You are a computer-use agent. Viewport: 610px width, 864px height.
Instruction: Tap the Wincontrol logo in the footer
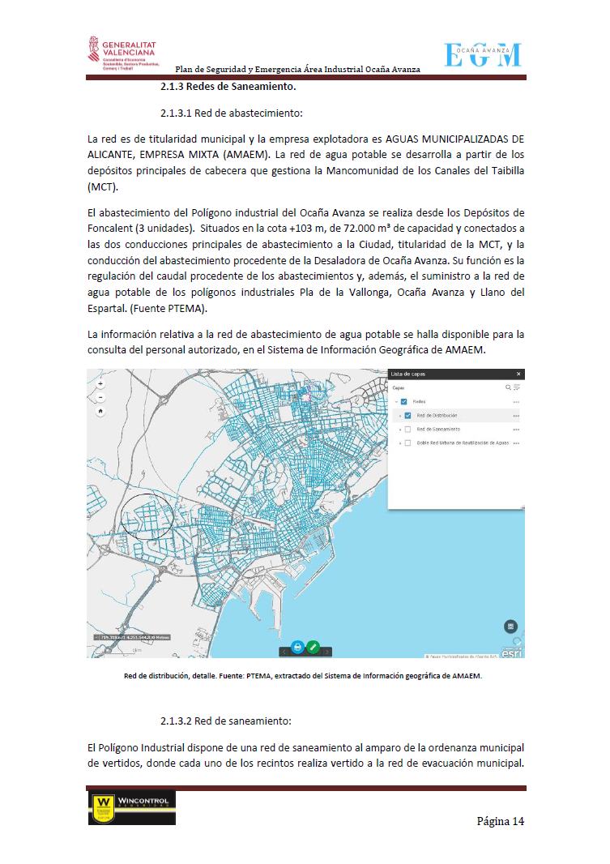131,807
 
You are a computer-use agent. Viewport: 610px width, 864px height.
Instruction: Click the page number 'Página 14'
500,821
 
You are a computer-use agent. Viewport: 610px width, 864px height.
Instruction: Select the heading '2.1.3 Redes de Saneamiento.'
228,87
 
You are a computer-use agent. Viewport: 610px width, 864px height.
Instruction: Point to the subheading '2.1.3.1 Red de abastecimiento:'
231,113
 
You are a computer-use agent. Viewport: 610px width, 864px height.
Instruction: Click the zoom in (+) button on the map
100,383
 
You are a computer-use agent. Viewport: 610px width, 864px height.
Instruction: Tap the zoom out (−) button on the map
100,397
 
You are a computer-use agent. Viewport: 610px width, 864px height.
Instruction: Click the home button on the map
100,411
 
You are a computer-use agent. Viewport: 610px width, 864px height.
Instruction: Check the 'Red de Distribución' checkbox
407,415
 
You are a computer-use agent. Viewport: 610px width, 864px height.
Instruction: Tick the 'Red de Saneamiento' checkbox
407,429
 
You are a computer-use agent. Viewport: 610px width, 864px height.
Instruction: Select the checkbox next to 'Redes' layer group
405,401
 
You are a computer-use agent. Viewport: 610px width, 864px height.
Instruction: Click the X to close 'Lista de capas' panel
518,374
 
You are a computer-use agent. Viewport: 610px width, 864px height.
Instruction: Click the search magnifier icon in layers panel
508,388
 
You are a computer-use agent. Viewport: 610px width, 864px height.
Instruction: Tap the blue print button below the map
297,648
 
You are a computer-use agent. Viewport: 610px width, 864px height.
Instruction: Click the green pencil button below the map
313,648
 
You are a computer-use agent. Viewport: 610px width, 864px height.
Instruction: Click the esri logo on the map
512,652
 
